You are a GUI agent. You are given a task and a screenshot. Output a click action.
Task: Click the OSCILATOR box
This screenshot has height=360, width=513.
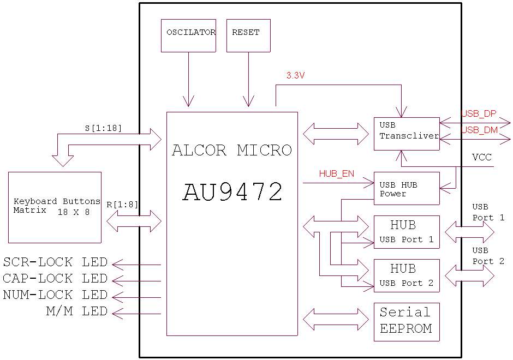pos(188,35)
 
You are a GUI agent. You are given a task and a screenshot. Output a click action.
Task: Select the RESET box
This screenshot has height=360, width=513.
pos(248,35)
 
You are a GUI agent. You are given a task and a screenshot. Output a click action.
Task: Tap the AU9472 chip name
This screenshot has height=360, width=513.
pos(232,192)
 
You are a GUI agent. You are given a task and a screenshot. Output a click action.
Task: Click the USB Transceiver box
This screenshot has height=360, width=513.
pos(407,134)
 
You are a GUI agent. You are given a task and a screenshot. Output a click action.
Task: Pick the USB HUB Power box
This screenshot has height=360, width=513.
pos(407,189)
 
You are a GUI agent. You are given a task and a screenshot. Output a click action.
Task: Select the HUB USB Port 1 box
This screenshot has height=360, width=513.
pos(407,232)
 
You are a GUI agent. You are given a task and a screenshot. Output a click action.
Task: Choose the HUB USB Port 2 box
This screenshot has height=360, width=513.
pos(407,275)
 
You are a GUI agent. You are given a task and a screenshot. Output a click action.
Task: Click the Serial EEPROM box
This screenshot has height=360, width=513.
pos(407,321)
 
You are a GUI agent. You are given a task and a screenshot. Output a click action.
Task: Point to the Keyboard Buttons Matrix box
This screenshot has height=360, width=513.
pos(55,207)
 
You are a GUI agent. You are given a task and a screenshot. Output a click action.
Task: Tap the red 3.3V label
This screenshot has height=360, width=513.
pos(295,76)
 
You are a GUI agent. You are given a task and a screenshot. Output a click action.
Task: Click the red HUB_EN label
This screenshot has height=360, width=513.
pos(336,174)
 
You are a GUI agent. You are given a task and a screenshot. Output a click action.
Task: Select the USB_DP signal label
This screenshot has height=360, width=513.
pos(479,114)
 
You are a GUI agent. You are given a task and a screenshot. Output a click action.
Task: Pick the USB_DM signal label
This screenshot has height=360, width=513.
pos(479,130)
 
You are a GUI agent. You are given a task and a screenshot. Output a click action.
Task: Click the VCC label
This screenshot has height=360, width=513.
pos(482,157)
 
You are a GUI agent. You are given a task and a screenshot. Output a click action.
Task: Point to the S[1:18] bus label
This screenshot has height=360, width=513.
pos(103,129)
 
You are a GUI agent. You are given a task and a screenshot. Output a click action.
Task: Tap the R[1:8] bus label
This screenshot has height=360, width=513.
pos(122,205)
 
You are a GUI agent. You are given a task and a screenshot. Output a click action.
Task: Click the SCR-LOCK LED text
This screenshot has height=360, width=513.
pos(55,262)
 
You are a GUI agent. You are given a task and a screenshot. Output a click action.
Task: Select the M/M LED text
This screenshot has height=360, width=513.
pos(76,311)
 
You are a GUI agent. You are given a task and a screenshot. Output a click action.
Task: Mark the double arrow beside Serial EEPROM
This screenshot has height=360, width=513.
pos(336,319)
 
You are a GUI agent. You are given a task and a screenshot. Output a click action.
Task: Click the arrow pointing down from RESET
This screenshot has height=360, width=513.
pos(248,79)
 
